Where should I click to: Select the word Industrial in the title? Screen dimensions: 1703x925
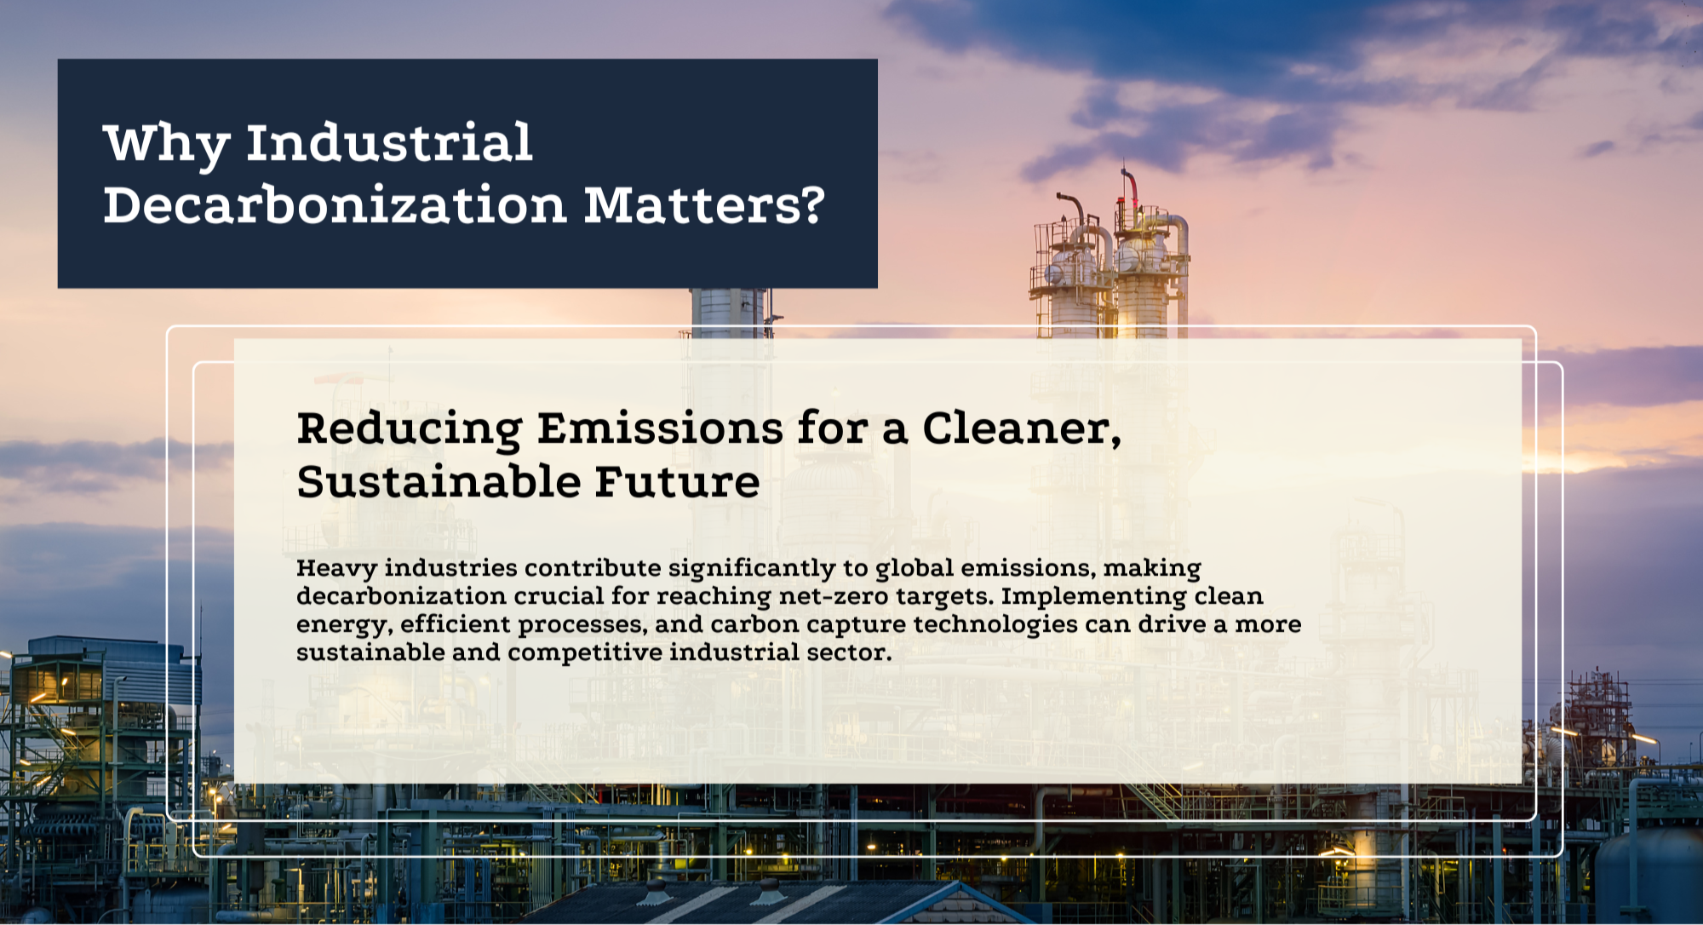pyautogui.click(x=389, y=141)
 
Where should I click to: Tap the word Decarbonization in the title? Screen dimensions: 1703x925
pyautogui.click(x=335, y=205)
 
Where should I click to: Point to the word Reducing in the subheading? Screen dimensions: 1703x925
pyautogui.click(x=410, y=428)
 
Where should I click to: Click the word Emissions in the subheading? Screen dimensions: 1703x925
pyautogui.click(x=660, y=428)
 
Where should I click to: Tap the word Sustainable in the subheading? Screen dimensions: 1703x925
pyautogui.click(x=439, y=481)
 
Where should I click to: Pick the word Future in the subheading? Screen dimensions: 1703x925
pyautogui.click(x=677, y=481)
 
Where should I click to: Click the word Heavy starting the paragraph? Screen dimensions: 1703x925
pyautogui.click(x=336, y=569)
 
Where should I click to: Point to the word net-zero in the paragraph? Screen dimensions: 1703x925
pyautogui.click(x=834, y=596)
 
